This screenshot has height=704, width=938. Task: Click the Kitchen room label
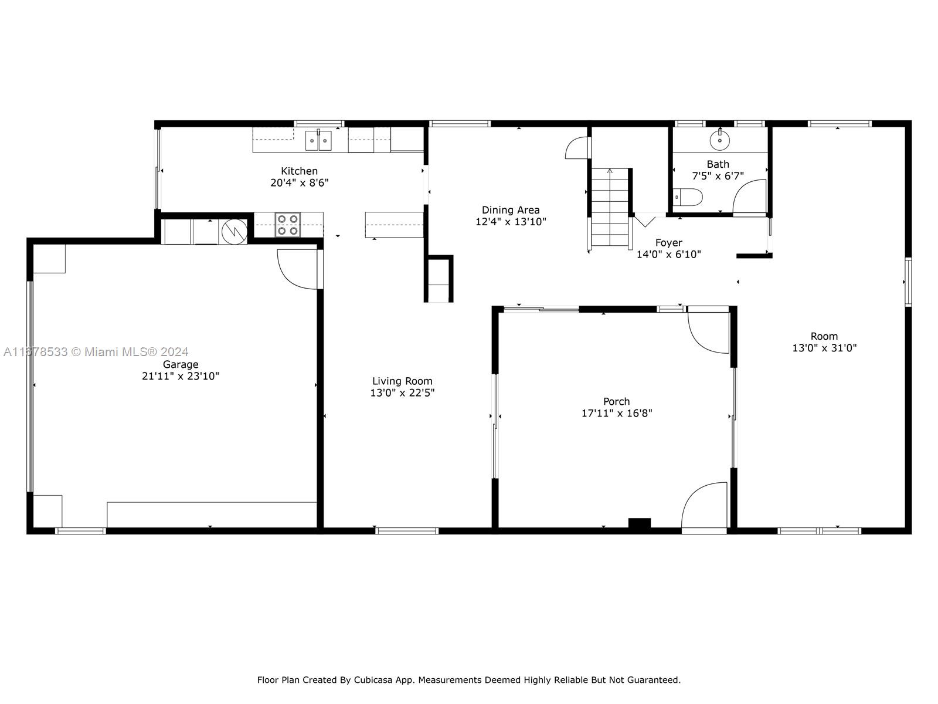299,171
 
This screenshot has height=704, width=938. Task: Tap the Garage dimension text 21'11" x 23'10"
181,376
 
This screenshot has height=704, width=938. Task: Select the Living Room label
402,381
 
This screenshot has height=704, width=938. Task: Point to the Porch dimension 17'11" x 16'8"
617,413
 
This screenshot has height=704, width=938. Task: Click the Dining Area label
511,210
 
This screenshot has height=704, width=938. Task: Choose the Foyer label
669,243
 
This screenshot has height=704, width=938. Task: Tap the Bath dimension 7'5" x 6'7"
718,175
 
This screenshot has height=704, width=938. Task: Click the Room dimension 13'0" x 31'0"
824,348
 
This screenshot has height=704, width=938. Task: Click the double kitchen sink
318,140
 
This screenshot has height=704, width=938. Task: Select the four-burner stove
288,225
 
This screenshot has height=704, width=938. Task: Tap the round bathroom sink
720,140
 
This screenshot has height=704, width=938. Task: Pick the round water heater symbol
234,232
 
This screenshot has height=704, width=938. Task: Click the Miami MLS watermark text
96,352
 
